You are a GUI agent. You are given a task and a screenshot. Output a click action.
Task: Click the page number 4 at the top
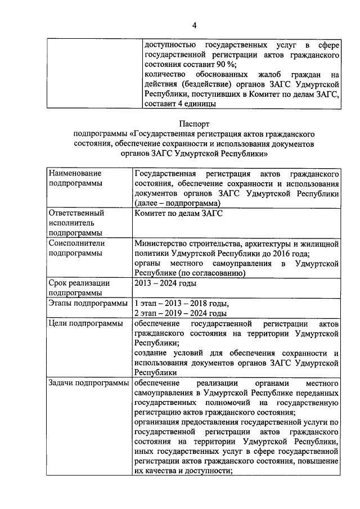click(195, 25)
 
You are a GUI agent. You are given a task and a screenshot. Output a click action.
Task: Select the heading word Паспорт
click(195, 123)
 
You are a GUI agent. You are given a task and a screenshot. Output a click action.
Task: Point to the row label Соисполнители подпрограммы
click(75, 249)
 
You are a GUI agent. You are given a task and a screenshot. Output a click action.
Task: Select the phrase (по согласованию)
click(213, 273)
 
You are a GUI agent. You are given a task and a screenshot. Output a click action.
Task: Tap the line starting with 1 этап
click(181, 303)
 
